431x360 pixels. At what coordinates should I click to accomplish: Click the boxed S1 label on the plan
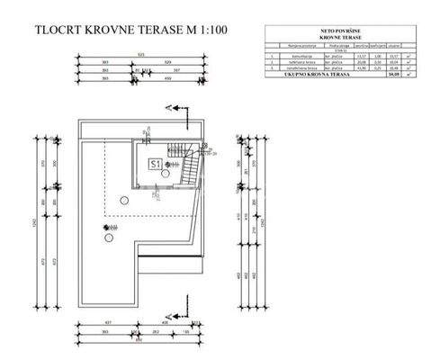155,164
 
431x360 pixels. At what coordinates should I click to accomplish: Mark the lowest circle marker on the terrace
110,238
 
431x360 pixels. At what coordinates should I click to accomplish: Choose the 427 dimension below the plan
109,322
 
